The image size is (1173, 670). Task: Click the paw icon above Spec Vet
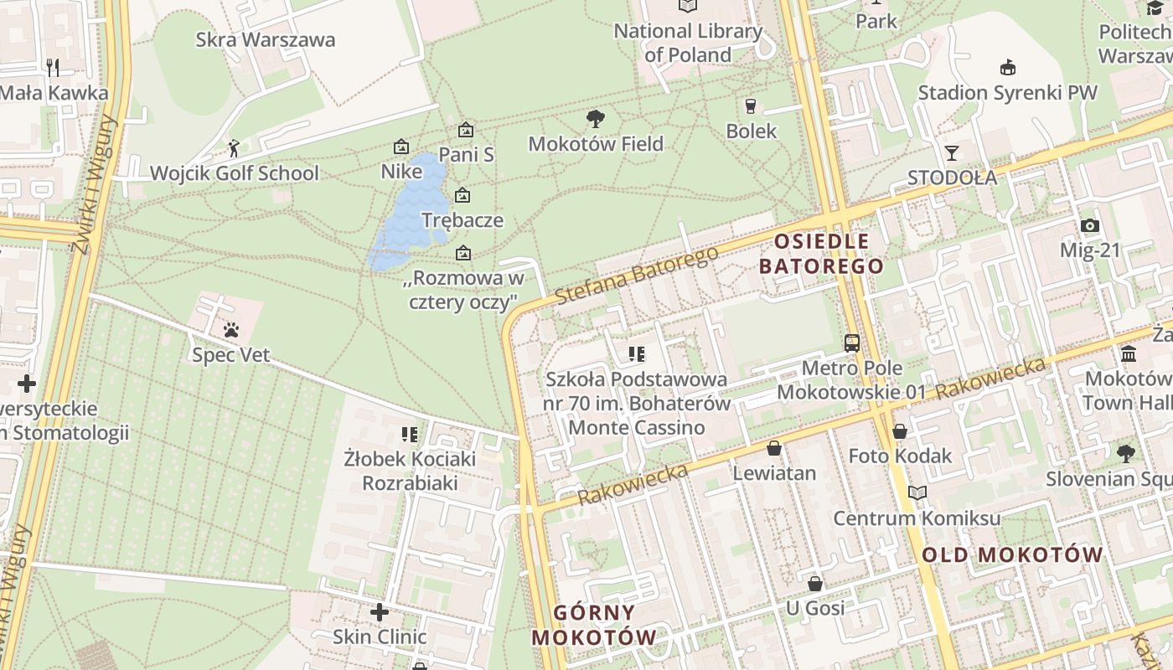click(x=232, y=330)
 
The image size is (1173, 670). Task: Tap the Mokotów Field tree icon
click(x=596, y=118)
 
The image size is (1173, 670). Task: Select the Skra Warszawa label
click(x=265, y=39)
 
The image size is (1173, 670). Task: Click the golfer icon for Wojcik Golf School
click(x=234, y=149)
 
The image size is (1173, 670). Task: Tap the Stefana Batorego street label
click(x=637, y=275)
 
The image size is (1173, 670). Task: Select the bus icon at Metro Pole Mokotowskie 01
click(x=852, y=343)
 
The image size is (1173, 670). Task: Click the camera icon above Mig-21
click(x=1089, y=225)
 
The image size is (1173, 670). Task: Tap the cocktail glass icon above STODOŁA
click(x=952, y=152)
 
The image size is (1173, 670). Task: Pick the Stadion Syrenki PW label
click(x=1007, y=92)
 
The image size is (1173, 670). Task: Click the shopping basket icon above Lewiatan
click(x=774, y=448)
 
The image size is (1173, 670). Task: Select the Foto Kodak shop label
click(x=900, y=456)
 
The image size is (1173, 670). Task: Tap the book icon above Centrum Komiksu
click(x=917, y=492)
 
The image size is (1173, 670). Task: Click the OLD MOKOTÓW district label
click(x=1012, y=554)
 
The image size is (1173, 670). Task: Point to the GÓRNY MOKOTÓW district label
click(x=594, y=624)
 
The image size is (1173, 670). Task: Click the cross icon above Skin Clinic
click(x=380, y=612)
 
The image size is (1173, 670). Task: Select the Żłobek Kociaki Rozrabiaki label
click(x=410, y=471)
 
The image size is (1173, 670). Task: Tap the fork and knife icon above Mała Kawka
click(x=53, y=67)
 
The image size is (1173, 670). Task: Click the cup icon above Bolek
click(x=751, y=106)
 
